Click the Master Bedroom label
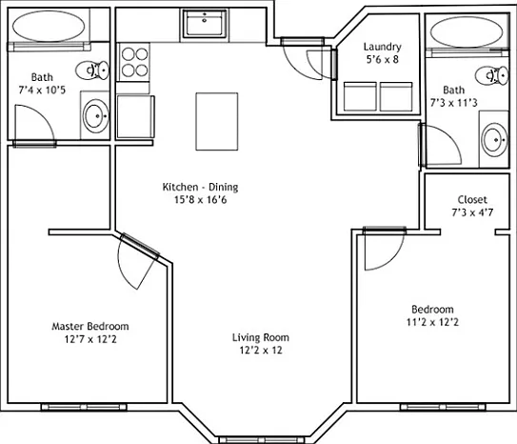coord(90,326)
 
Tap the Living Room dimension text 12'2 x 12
coord(261,350)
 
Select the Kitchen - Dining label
coord(200,187)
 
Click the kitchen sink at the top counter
coord(205,23)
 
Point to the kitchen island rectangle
coord(217,121)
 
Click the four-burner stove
coord(134,62)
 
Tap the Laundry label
coord(383,47)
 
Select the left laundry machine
coord(360,96)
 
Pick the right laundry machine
coord(396,96)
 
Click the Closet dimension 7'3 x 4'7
coord(472,212)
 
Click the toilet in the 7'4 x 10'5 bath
coord(92,70)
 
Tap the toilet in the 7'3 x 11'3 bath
coord(492,75)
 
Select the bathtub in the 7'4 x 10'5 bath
coord(49,26)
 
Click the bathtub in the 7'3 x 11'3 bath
coord(467,31)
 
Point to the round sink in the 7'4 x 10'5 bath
coord(95,116)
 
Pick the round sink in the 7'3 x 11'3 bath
coord(494,140)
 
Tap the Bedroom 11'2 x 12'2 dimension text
coord(432,322)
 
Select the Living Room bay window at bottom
coord(261,440)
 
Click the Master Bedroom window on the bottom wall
coord(84,408)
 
